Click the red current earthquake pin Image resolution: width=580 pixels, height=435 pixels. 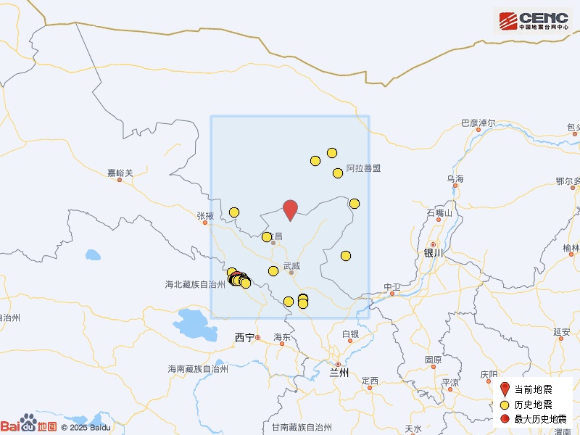click(x=290, y=209)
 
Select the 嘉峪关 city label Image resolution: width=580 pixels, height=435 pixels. click(x=120, y=173)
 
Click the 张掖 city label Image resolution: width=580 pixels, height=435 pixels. click(x=205, y=215)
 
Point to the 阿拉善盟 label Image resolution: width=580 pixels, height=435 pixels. click(x=363, y=168)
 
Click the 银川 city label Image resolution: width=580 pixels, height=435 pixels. click(x=433, y=253)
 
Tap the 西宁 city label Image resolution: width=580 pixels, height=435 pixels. click(x=245, y=337)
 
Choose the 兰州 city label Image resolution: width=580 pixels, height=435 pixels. click(x=339, y=373)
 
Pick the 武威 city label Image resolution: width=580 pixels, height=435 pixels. click(x=291, y=266)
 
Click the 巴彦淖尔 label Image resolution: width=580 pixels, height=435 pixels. click(x=478, y=123)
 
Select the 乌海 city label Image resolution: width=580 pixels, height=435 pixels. click(x=455, y=178)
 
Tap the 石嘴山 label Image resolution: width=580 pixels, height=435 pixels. click(x=439, y=213)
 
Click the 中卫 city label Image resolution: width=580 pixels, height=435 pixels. click(x=392, y=287)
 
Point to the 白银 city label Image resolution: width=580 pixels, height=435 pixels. click(x=350, y=334)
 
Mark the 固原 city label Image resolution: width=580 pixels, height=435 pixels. click(x=434, y=360)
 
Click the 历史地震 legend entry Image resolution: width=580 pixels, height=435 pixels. click(x=533, y=405)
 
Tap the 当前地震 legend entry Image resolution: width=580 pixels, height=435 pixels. click(x=533, y=390)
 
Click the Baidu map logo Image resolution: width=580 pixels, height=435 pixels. click(x=29, y=426)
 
